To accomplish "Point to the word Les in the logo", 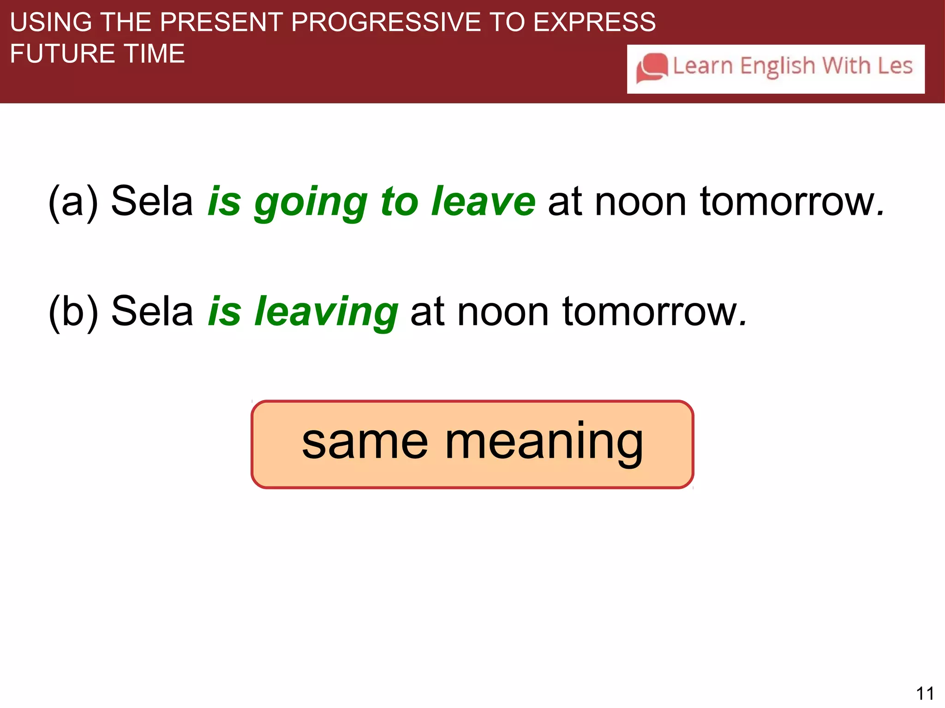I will click(895, 65).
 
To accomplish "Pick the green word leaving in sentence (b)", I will click(326, 312).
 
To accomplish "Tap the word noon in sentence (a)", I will click(640, 202).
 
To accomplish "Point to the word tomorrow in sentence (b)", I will click(654, 312).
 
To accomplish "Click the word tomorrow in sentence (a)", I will click(792, 202).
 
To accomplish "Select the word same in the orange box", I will click(365, 442).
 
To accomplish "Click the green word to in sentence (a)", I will click(399, 202).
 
